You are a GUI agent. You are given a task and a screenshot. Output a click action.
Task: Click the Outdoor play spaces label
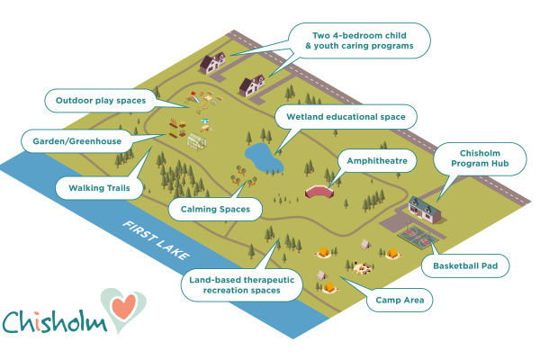100,101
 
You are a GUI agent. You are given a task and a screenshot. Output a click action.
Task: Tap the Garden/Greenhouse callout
71,141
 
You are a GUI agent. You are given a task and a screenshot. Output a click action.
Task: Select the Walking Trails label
99,188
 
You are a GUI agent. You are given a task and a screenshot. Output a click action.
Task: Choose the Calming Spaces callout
215,209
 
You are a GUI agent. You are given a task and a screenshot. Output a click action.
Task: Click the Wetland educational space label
346,117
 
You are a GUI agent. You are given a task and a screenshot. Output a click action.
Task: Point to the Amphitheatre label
377,162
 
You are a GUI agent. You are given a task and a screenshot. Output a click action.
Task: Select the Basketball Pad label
465,265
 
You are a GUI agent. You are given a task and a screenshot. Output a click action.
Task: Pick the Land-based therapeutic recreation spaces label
243,285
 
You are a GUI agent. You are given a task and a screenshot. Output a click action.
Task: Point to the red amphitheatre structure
319,190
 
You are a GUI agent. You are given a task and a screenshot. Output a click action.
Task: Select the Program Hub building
426,209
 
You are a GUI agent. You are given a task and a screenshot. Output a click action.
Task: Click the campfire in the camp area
362,267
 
